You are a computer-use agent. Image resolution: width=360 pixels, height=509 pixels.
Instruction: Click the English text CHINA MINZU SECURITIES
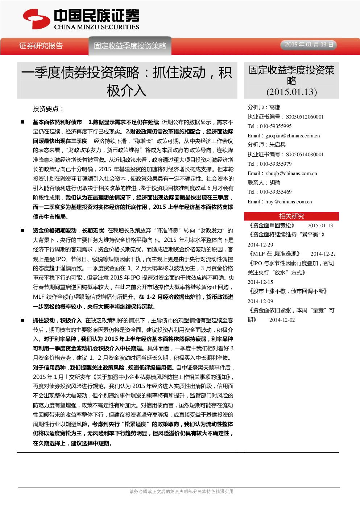click(x=96, y=27)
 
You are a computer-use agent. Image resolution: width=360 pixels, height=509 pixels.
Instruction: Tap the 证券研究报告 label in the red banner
click(x=41, y=46)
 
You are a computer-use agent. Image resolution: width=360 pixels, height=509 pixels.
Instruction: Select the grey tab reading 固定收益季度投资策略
click(x=130, y=46)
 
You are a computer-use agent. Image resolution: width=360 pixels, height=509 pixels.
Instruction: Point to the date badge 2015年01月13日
click(x=309, y=44)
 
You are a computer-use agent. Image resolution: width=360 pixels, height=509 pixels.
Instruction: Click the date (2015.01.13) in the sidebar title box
click(x=291, y=92)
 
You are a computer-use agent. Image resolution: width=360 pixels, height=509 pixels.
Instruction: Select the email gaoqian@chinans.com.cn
click(x=293, y=136)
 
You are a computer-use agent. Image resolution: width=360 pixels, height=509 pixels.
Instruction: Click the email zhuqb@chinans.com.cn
click(x=291, y=173)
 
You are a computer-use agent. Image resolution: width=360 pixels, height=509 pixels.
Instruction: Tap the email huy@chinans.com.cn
click(x=289, y=202)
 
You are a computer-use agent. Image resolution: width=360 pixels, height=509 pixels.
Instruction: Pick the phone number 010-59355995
click(x=276, y=126)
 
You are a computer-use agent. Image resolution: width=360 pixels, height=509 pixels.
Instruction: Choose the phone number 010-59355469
click(x=276, y=192)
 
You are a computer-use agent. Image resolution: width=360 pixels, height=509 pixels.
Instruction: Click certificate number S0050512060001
click(x=305, y=117)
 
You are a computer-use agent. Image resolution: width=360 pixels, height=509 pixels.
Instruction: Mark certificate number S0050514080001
click(x=305, y=154)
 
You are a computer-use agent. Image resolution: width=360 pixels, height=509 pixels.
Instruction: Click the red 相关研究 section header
click(x=291, y=216)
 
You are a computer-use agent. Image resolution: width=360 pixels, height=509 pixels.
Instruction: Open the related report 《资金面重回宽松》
click(x=272, y=225)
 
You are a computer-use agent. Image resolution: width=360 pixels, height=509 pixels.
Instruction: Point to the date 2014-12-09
click(x=260, y=301)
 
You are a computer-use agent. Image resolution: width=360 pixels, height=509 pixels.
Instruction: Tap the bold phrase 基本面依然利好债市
click(x=58, y=122)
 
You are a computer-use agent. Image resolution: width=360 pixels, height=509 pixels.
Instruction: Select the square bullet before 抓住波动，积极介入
click(x=22, y=320)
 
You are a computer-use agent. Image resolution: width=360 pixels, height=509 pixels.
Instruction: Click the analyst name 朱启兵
click(x=277, y=145)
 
